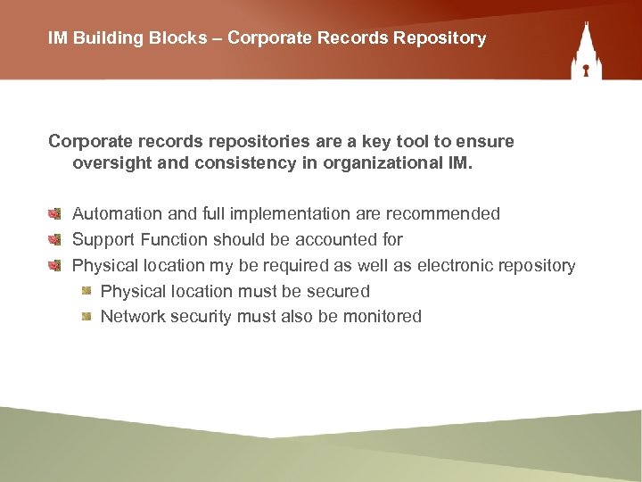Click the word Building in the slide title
103,38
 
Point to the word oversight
113,163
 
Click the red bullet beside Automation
54,214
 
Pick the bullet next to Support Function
54,240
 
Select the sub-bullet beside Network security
86,317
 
